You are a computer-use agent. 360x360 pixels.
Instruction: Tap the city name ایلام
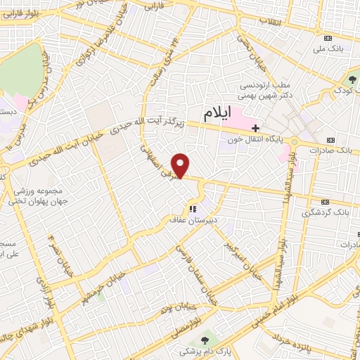219,112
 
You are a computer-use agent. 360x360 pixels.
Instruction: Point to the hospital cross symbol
256,128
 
